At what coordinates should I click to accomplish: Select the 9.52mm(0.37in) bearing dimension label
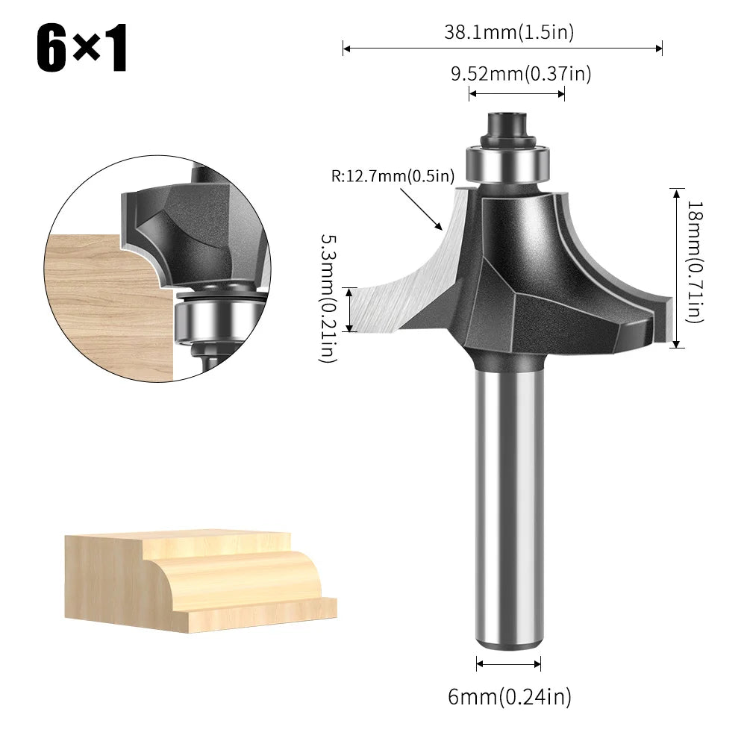[520, 73]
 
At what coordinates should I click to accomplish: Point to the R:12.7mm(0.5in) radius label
[393, 177]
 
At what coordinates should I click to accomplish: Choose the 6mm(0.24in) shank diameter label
[509, 697]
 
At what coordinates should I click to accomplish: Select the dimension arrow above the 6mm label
[509, 663]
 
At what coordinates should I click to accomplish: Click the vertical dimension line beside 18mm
[675, 268]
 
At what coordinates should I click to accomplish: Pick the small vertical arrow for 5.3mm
[349, 308]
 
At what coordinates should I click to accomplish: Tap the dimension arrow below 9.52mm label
[516, 93]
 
